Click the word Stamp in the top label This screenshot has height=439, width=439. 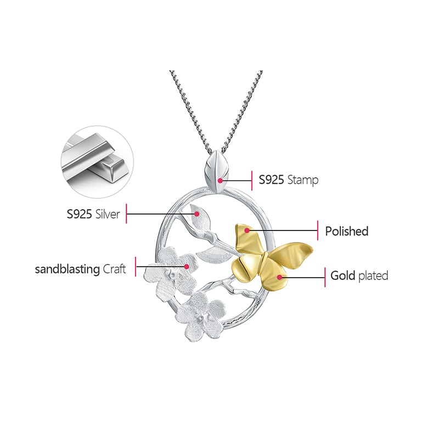(x=302, y=180)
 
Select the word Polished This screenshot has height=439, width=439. (x=346, y=232)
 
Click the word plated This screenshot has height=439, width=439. (x=373, y=275)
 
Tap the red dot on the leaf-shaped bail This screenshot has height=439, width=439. (x=219, y=179)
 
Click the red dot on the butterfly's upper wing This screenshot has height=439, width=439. (x=247, y=230)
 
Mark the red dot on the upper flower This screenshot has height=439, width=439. (x=187, y=267)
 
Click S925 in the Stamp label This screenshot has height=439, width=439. (x=271, y=180)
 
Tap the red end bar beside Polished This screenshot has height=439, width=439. (x=318, y=230)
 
